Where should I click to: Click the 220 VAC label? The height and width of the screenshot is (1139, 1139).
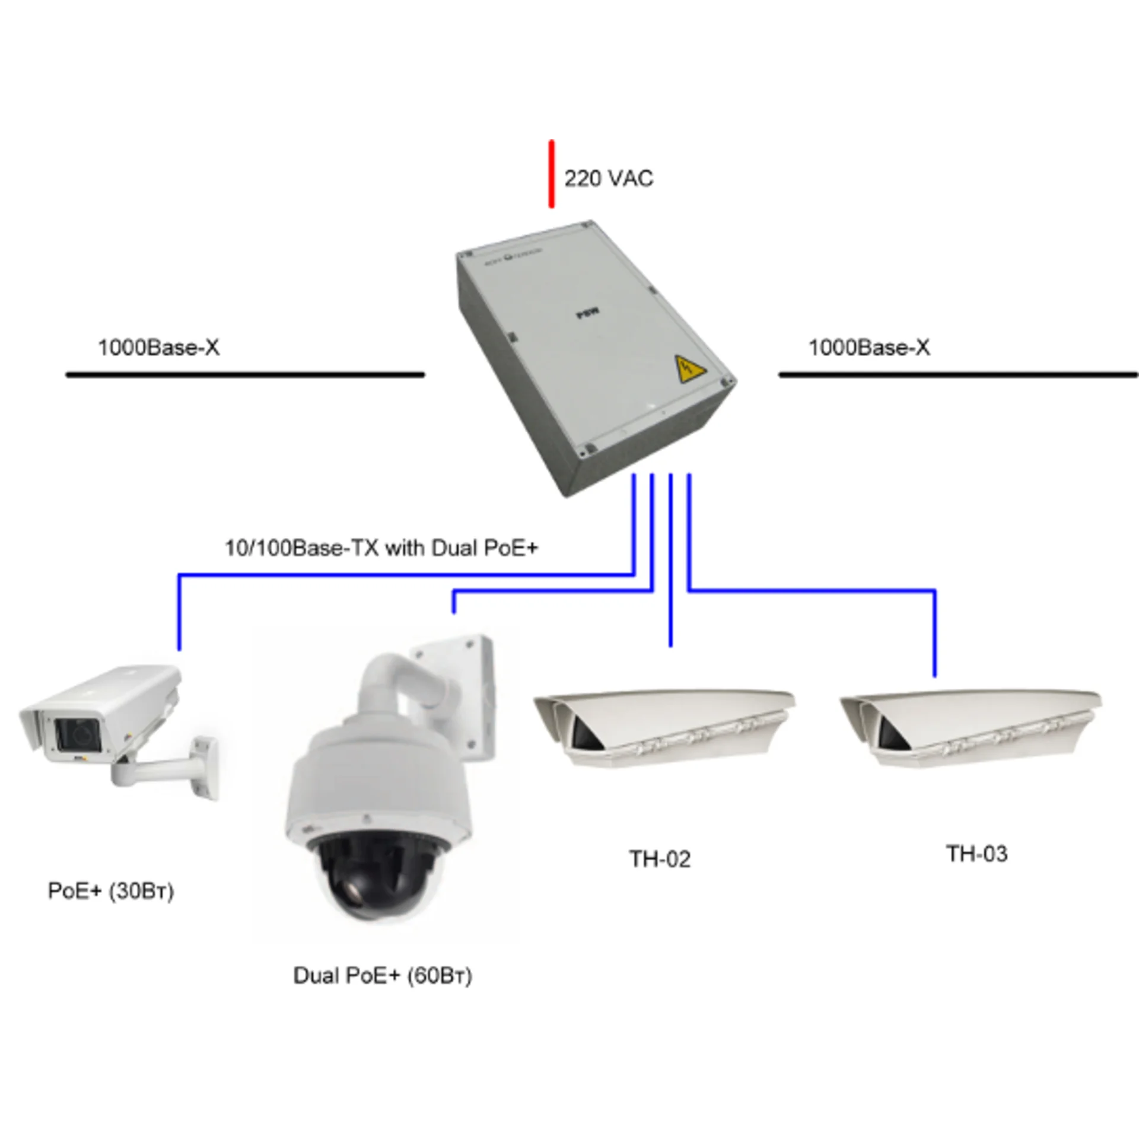click(x=608, y=179)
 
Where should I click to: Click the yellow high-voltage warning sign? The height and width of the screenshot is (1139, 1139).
click(x=690, y=368)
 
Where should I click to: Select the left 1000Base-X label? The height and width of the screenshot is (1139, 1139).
click(x=158, y=348)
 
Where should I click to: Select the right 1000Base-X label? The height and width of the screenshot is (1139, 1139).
click(x=869, y=348)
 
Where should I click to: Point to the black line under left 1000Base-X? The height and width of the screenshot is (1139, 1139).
click(x=245, y=375)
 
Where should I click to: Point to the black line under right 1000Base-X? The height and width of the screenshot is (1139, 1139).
click(x=957, y=375)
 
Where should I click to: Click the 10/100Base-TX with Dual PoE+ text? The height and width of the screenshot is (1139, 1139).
click(x=381, y=548)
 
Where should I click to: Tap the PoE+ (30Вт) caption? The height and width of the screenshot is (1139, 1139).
click(x=111, y=891)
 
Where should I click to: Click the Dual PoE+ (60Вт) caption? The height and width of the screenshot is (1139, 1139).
click(x=383, y=976)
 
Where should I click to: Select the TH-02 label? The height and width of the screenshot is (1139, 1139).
click(x=660, y=859)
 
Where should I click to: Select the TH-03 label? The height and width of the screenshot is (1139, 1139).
click(x=976, y=854)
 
